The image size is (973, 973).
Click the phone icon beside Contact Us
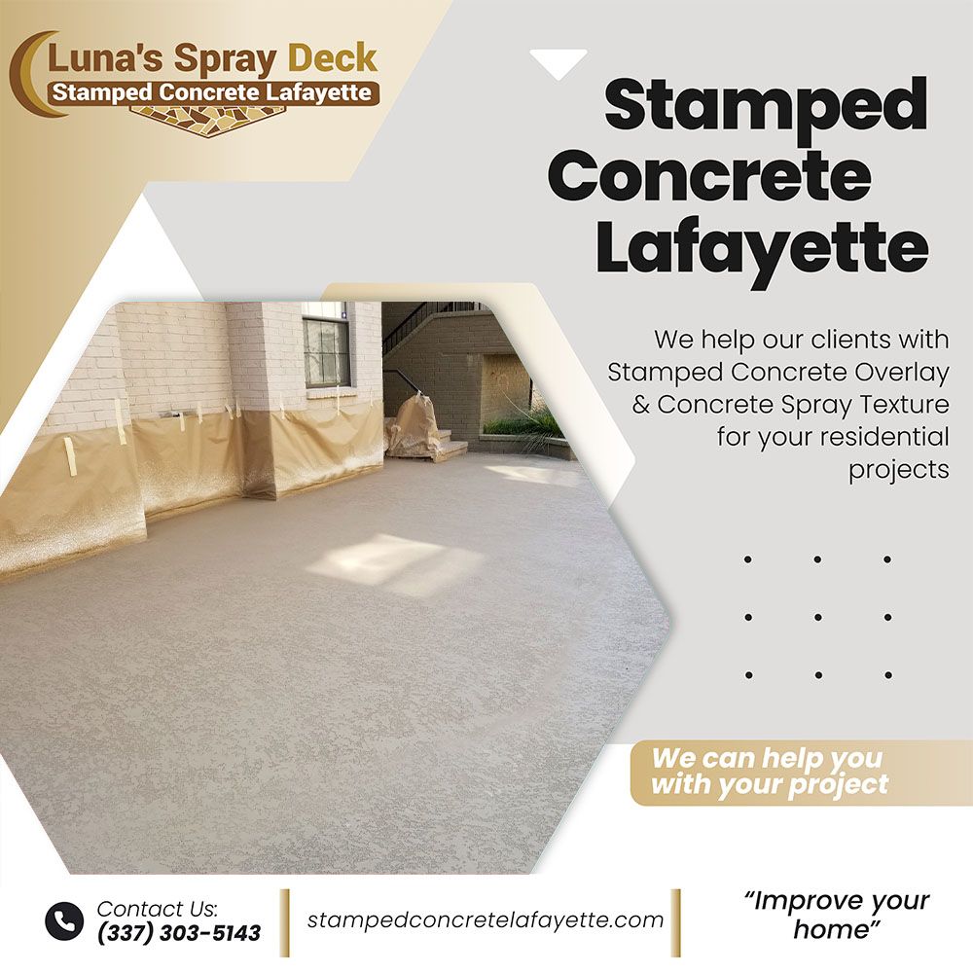pos(64,920)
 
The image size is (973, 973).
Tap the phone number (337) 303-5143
pos(179,933)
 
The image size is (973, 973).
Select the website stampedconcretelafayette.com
pos(486,919)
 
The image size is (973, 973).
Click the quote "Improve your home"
pos(837,916)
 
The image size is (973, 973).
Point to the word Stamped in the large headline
pos(766,105)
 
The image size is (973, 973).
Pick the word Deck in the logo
pos(333,59)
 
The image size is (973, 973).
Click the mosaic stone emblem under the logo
pos(208,112)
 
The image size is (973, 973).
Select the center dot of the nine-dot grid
pos(818,618)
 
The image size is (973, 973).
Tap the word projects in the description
pos(899,470)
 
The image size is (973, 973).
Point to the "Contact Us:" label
pos(158,909)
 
